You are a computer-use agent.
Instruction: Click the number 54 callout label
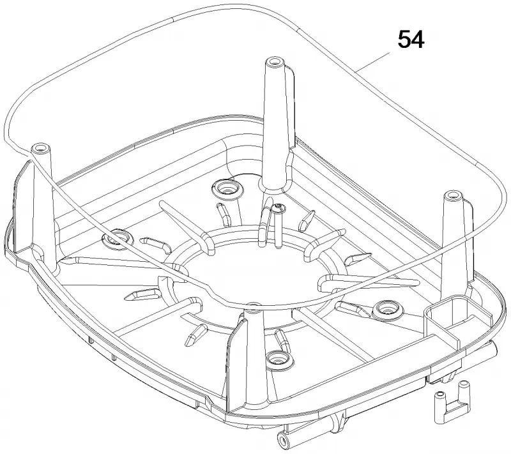[x=411, y=40]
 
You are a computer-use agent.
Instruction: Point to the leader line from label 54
[x=372, y=61]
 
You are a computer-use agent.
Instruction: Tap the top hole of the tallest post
[x=273, y=61]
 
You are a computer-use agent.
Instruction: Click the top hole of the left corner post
[x=39, y=148]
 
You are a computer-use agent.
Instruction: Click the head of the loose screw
[x=278, y=207]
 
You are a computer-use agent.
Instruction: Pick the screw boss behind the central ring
[x=227, y=188]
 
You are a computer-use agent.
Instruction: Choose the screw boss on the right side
[x=388, y=309]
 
